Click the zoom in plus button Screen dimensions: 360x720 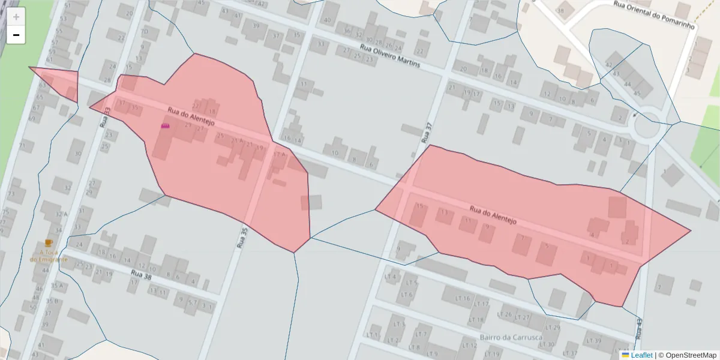pos(16,17)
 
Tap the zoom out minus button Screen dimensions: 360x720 pos(16,35)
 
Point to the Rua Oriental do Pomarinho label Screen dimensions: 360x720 pos(653,15)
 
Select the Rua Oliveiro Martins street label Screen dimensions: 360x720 pos(390,56)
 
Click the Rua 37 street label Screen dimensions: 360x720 pos(427,133)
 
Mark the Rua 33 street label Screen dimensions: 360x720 pos(107,115)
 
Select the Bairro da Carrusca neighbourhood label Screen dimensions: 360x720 pos(511,337)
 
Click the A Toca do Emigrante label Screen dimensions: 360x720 pos(49,256)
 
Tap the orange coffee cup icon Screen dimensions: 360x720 pos(49,243)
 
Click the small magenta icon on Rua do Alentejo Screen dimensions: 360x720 pos(166,126)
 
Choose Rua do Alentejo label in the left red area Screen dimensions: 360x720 pos(191,116)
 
